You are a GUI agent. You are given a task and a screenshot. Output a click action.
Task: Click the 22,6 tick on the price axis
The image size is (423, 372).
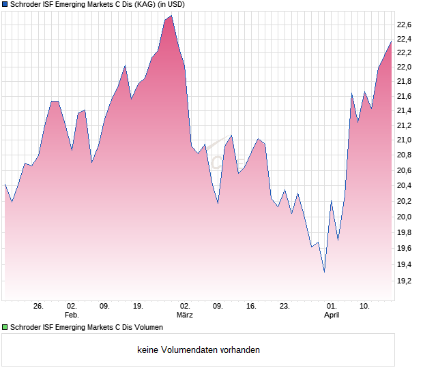tap(405, 25)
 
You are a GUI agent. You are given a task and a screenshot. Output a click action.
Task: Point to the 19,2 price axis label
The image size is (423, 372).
tap(405, 280)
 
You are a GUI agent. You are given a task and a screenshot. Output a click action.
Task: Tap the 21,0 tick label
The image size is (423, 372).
tap(405, 140)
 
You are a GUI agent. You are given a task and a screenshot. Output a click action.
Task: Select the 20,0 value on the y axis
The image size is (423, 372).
tap(405, 217)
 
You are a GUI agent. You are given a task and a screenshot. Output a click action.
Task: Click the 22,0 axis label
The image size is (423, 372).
tap(405, 67)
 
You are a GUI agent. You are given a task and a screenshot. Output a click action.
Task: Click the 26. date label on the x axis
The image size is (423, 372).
tap(38, 307)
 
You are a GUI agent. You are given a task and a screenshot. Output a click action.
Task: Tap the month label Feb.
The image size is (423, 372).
tap(72, 315)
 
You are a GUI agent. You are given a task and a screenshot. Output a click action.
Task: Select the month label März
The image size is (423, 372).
tap(185, 315)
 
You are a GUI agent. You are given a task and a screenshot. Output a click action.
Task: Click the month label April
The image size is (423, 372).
tap(332, 315)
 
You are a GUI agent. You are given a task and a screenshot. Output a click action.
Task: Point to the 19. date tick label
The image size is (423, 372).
tap(137, 307)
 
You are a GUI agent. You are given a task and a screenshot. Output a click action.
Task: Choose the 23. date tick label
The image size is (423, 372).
tap(285, 307)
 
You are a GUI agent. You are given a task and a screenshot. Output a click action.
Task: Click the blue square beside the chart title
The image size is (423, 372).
tap(5, 5)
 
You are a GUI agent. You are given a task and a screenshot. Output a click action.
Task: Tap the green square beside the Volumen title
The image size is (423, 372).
tap(5, 328)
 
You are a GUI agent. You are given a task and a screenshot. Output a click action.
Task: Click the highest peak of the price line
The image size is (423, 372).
tap(171, 16)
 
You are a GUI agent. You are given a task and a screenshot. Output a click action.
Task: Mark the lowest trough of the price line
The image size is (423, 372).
tap(324, 271)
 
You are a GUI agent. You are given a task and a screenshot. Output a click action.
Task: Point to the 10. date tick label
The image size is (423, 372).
tap(365, 307)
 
